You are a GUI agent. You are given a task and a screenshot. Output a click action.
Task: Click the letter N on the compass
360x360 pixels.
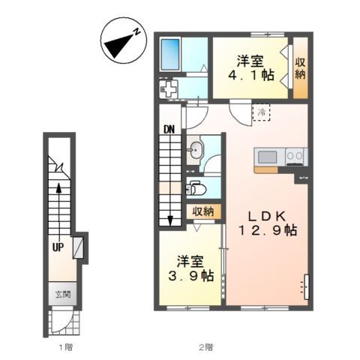pos(136,31)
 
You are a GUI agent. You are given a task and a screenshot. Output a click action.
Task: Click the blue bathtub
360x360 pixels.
pos(170,54)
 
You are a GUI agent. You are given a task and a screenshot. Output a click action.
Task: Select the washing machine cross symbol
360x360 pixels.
pos(169,89)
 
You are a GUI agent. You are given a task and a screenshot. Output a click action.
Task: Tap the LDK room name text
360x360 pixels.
pos(267,216)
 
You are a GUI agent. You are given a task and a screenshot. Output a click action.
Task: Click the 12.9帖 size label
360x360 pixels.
pos(268,230)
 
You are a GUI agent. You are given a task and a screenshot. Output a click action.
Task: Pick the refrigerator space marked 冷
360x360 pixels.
pos(262,112)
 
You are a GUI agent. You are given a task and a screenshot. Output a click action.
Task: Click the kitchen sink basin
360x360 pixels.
pos(267,157)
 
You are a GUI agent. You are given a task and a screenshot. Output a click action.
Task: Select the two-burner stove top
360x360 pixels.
pos(295,157)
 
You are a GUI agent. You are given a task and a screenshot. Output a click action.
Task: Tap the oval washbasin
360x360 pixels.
pos(196,150)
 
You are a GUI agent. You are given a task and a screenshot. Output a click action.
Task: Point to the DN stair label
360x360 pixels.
pos(169,129)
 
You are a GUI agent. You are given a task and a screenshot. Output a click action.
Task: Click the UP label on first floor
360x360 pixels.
pos(58,247)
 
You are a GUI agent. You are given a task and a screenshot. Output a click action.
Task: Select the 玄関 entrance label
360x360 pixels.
pos(63,295)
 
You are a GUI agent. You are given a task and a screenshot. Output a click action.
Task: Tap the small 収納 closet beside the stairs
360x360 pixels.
pos(203,211)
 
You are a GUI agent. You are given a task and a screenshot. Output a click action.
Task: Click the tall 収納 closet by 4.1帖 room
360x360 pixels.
pos(300,68)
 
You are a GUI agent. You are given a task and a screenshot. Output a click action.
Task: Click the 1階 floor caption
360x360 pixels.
pos(66,347)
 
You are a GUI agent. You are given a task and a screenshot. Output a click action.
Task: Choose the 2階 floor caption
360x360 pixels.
pos(206,347)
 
